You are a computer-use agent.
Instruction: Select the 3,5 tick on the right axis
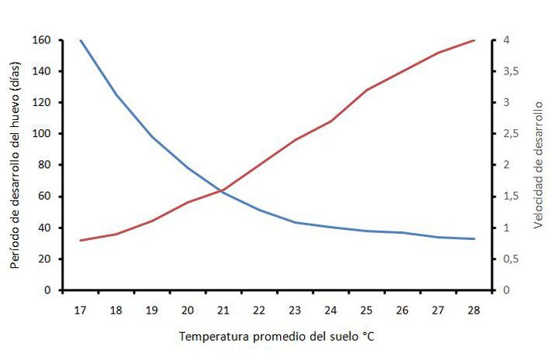(x=511, y=71)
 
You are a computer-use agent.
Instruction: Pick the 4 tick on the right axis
(x=506, y=40)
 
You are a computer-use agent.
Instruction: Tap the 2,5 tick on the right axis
(x=511, y=134)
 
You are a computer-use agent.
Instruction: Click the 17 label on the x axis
(x=80, y=310)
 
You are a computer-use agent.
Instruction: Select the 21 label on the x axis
(x=223, y=310)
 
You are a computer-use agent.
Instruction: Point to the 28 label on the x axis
(x=473, y=310)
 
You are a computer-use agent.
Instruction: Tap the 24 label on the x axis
(x=330, y=310)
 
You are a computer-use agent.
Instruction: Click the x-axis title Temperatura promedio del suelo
(x=278, y=337)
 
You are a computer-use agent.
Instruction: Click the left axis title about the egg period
(x=15, y=164)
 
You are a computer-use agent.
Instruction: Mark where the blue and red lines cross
(x=222, y=190)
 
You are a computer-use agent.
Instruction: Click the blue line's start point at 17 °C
(x=80, y=40)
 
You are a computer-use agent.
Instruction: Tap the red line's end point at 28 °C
(x=473, y=40)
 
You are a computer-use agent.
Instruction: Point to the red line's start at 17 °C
(x=80, y=240)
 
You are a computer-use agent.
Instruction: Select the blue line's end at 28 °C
(x=473, y=238)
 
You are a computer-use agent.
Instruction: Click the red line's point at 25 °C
(x=366, y=90)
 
